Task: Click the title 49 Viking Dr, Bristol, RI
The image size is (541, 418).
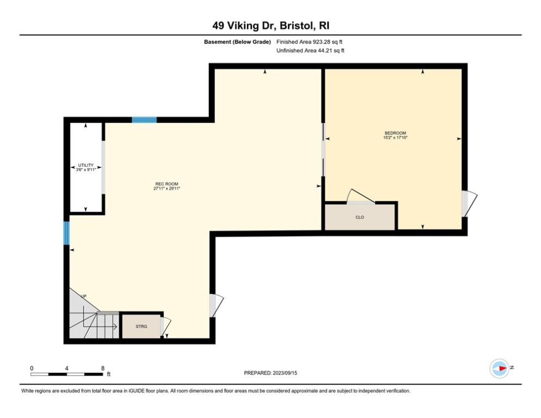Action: (270, 26)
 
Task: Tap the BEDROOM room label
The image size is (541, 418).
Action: (395, 133)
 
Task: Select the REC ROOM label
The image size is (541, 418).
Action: (167, 184)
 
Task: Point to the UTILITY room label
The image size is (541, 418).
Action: (86, 165)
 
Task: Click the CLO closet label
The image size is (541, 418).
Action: (359, 217)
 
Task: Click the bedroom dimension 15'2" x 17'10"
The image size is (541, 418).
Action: (395, 138)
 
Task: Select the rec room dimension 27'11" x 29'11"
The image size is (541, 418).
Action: (167, 189)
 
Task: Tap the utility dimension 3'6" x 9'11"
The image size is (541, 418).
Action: (86, 170)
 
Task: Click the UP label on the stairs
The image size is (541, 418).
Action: (84, 296)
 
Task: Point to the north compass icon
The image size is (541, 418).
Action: (500, 368)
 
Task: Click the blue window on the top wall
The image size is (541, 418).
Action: (144, 120)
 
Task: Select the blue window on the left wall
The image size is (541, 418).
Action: (67, 233)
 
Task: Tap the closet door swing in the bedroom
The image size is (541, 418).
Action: (360, 197)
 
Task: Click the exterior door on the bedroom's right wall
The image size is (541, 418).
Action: (469, 204)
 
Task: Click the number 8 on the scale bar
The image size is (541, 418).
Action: (103, 368)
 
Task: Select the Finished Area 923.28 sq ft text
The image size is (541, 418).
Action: (310, 41)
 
